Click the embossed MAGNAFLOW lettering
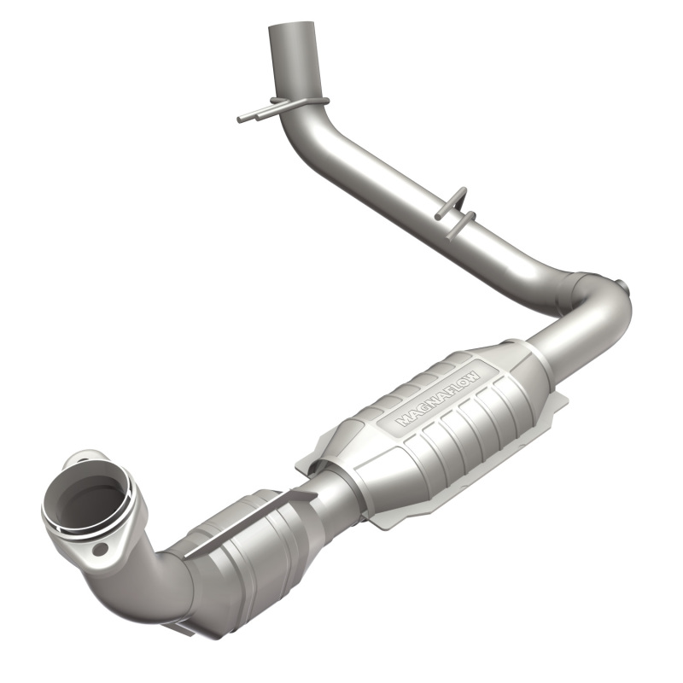(x=438, y=394)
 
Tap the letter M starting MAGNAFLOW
(x=401, y=421)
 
